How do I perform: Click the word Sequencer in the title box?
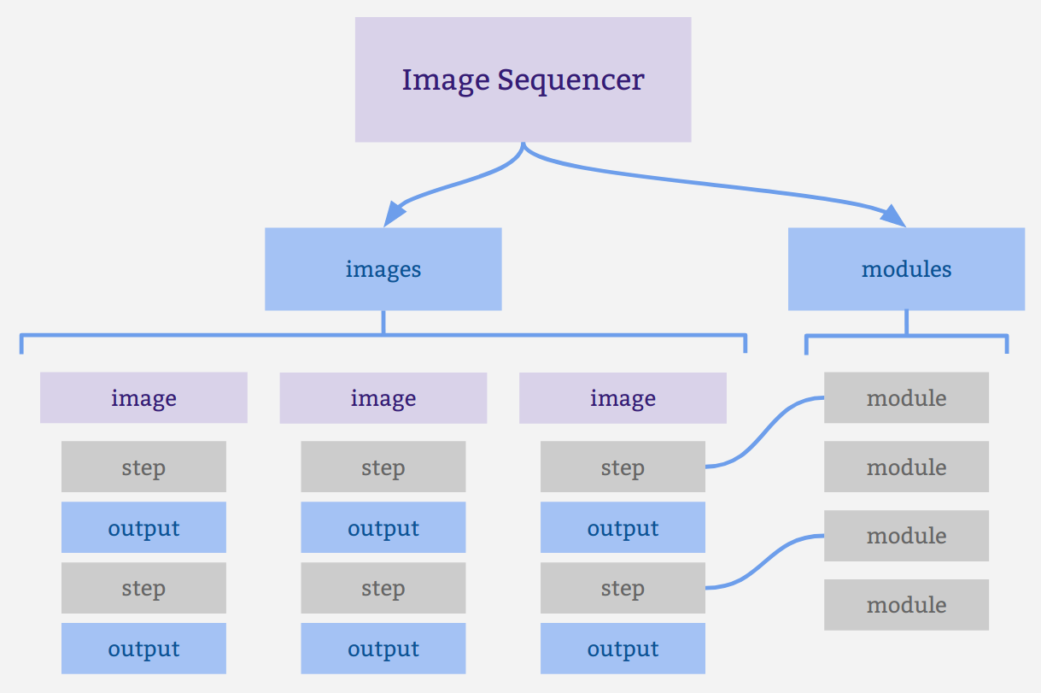[x=570, y=80]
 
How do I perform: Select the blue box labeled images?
[x=383, y=269]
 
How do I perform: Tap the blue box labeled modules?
[x=906, y=269]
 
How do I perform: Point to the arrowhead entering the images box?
[x=394, y=214]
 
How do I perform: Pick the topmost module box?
[x=906, y=398]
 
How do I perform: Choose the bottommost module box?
[x=906, y=605]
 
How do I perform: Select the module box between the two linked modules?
[x=906, y=467]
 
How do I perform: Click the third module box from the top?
[x=906, y=536]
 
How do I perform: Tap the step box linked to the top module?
[x=623, y=467]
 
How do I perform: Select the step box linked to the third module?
[x=623, y=589]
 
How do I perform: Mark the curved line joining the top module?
[x=764, y=432]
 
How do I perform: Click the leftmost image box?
[x=143, y=398]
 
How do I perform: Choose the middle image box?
[x=383, y=398]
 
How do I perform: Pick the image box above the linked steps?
[x=623, y=398]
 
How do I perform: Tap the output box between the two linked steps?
[x=623, y=528]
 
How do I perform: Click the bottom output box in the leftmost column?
[x=143, y=649]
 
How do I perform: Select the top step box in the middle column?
[x=383, y=467]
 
